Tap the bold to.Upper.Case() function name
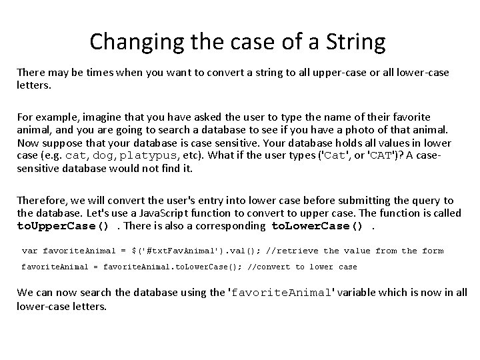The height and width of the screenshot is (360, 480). [x=63, y=225]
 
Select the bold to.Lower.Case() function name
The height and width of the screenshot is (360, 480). [x=317, y=225]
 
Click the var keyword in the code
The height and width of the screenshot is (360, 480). [x=29, y=251]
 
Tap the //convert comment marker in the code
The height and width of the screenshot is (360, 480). [x=271, y=267]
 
